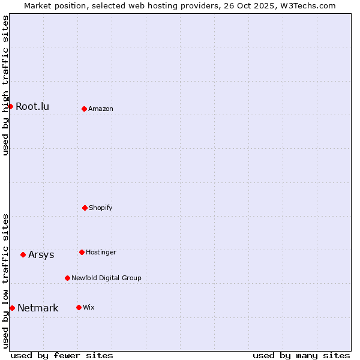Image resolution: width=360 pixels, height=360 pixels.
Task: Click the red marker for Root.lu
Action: click(10, 106)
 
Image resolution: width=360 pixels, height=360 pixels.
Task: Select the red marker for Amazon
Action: click(84, 109)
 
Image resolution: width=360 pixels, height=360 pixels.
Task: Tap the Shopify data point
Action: click(85, 208)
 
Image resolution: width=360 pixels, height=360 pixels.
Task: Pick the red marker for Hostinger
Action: click(82, 252)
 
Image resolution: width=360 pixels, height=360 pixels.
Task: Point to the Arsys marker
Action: click(23, 254)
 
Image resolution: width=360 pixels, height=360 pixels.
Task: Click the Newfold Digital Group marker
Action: click(67, 278)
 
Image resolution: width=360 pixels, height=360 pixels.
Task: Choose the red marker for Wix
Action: click(79, 307)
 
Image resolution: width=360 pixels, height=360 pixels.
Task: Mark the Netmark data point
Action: click(12, 308)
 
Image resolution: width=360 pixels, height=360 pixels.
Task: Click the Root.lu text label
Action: click(32, 107)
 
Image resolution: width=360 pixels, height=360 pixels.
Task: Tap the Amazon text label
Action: click(101, 109)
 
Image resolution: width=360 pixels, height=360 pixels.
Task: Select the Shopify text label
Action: click(101, 208)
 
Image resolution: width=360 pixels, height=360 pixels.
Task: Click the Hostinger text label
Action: click(101, 253)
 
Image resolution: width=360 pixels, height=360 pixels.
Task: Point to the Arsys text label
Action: click(41, 255)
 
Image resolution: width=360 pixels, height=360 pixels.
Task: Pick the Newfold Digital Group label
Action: click(106, 278)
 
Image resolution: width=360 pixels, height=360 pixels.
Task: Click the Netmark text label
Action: click(38, 308)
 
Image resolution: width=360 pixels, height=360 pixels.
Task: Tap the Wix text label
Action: click(89, 308)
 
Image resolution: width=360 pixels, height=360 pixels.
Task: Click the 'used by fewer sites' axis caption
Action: click(62, 356)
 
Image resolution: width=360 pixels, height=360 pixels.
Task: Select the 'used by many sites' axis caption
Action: click(301, 356)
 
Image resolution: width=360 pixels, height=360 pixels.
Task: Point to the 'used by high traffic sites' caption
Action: click(5, 85)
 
